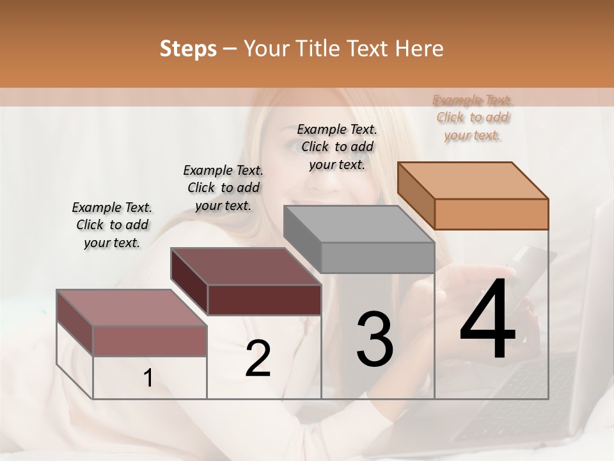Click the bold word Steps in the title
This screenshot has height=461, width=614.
click(188, 49)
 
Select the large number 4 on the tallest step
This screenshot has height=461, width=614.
click(487, 320)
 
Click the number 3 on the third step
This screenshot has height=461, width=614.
click(375, 339)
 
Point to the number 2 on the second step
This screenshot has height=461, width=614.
click(258, 359)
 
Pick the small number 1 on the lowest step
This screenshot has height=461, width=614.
click(148, 378)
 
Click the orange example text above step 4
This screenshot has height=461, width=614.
click(473, 117)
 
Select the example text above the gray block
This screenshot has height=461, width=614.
click(337, 147)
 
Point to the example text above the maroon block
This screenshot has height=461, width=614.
click(223, 188)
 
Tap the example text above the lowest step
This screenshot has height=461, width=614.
click(112, 225)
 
